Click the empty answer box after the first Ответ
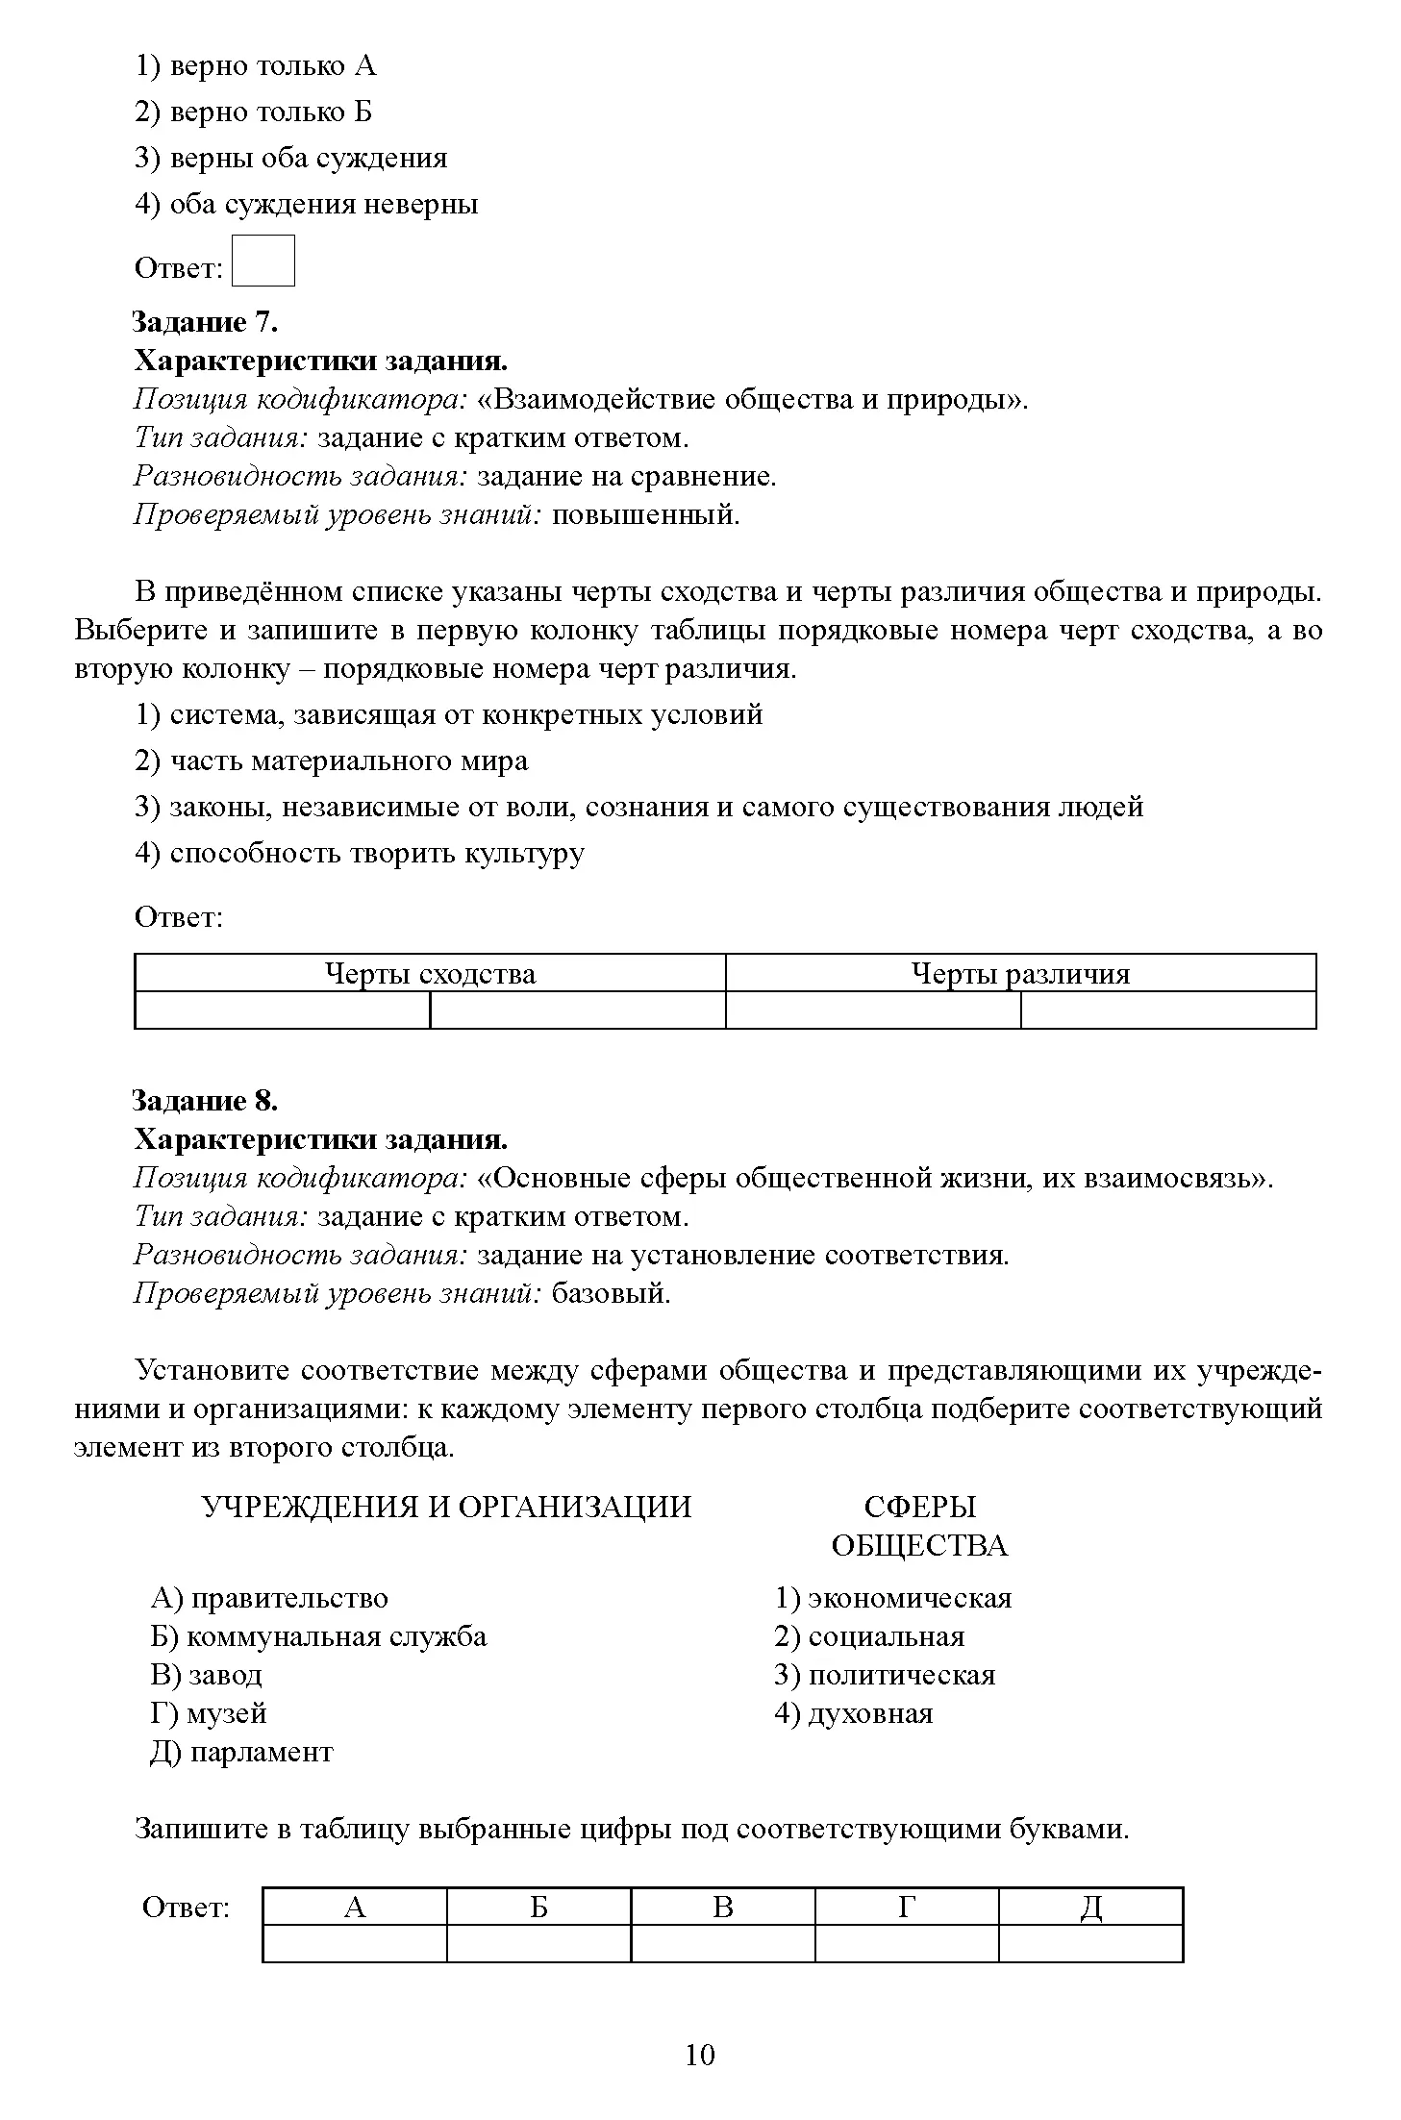263,261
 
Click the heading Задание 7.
204,321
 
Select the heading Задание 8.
204,1100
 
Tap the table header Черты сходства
430,974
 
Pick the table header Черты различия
1020,974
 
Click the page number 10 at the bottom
700,2055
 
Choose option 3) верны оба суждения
291,158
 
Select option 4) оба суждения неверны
307,204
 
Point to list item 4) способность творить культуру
359,853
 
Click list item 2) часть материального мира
332,761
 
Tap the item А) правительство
269,1598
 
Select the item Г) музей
209,1713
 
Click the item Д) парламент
241,1752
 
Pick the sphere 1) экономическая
893,1598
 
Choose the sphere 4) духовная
854,1713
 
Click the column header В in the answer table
723,1907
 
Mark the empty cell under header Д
1090,1943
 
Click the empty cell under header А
354,1943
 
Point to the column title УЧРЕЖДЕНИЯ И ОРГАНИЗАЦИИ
447,1507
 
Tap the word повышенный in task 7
645,514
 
